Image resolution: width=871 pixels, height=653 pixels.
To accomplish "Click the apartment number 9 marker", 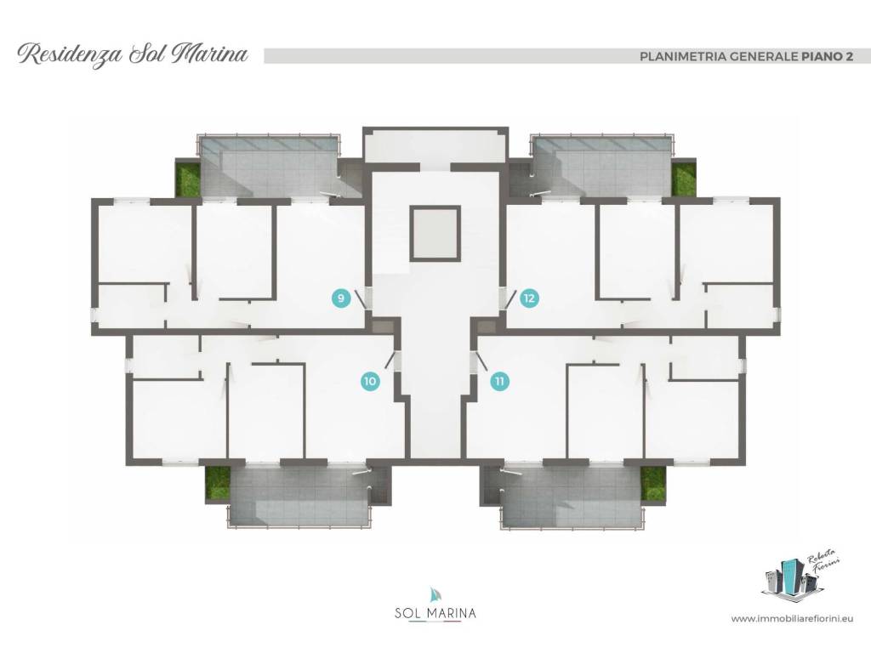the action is point(341,298).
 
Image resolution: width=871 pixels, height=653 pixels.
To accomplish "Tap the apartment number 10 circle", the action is point(371,382).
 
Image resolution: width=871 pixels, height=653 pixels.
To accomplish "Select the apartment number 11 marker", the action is point(500,382).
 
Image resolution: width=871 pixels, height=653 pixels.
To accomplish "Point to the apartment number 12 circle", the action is point(529,298).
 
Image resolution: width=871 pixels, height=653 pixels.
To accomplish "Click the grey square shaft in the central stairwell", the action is point(435,233).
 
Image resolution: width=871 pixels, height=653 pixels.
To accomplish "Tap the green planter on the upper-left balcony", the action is point(188,178).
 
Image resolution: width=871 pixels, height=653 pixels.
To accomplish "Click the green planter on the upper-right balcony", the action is point(683,178).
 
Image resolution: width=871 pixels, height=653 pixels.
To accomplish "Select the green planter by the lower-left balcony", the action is point(217,484).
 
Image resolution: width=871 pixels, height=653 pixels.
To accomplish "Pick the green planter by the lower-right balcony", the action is point(653,484).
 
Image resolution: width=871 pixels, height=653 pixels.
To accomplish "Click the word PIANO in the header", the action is point(822,56).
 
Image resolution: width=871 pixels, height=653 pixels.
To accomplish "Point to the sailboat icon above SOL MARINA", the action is point(435,595).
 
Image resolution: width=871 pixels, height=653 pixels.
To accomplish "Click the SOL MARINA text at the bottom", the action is point(435,614).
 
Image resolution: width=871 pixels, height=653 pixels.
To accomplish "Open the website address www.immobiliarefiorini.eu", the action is point(792,618).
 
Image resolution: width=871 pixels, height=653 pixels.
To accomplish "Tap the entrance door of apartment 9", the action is point(362,298).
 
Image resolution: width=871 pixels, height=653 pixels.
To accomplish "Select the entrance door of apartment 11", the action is point(479,361).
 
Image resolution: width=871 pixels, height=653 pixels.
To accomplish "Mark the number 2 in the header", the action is point(850,56).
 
